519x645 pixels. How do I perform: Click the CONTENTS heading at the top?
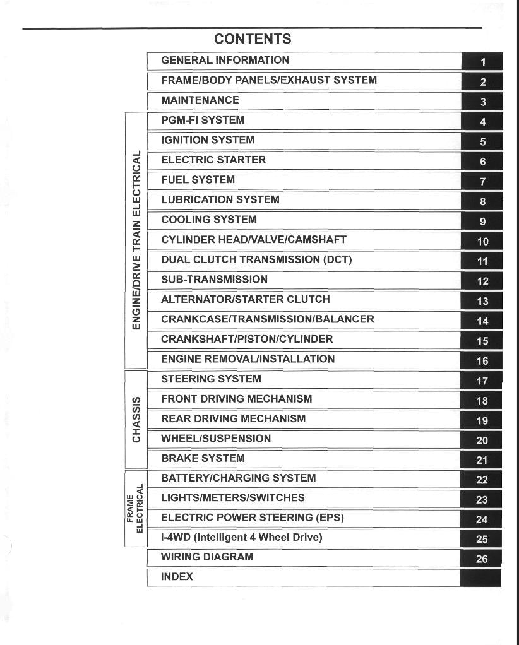point(253,39)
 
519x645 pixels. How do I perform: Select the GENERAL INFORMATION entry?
point(225,61)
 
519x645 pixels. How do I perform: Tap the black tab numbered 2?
point(482,81)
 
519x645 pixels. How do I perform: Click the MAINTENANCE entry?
point(200,100)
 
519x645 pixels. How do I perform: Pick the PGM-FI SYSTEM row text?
point(203,120)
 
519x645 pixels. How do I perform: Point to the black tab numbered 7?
point(482,182)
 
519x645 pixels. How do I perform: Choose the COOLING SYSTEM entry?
point(209,220)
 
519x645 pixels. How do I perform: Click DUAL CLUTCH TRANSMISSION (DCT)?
point(256,259)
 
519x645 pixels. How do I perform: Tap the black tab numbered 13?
point(482,301)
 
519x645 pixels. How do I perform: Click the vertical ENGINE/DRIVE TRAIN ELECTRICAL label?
point(136,240)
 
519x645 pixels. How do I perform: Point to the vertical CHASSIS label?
point(136,419)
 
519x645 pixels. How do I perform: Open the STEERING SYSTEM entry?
point(211,379)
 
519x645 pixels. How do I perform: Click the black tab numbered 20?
point(482,441)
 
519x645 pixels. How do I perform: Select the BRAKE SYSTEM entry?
point(203,458)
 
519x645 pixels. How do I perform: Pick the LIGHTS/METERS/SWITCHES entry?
point(232,498)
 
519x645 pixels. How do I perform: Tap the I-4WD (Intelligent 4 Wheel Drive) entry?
point(241,538)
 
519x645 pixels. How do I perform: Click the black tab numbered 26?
point(482,559)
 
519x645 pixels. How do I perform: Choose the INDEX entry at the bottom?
point(177,577)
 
